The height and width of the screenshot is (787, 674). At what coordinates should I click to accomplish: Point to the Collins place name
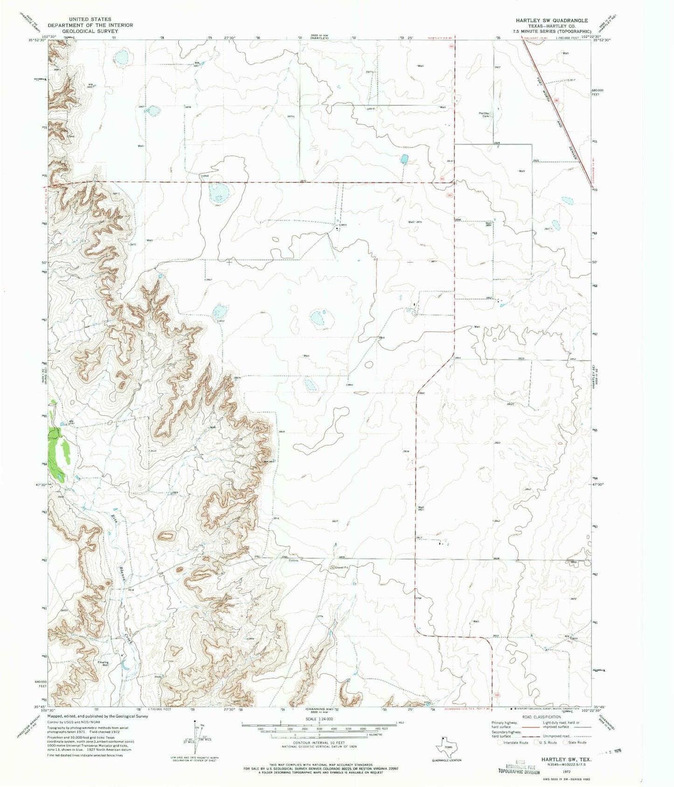click(293, 560)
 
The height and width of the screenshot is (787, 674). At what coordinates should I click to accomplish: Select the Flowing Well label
click(103, 663)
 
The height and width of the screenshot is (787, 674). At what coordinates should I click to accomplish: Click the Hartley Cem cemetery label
click(484, 115)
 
